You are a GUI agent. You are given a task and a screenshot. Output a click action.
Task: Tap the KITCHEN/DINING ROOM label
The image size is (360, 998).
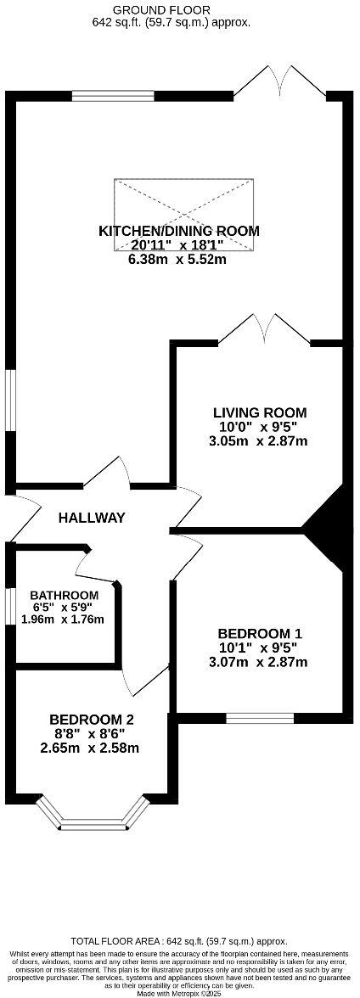point(179,231)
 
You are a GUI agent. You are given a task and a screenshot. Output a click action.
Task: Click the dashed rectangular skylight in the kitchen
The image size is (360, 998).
point(184,215)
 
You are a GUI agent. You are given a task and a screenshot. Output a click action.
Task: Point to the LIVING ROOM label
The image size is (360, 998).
point(259,412)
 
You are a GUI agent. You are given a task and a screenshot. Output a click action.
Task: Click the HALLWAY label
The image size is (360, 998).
point(92,518)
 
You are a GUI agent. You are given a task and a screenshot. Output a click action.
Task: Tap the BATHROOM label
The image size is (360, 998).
point(64,595)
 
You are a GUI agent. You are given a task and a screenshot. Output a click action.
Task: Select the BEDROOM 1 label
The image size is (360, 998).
point(260,633)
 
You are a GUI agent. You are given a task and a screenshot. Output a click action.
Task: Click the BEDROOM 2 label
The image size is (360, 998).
point(91,719)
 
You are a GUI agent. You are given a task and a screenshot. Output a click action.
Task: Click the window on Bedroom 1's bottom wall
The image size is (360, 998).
point(260,718)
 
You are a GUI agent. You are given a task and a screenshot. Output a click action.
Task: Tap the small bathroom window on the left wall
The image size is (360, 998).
point(9,607)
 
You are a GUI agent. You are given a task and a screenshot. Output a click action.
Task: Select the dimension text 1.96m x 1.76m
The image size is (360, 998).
point(64,620)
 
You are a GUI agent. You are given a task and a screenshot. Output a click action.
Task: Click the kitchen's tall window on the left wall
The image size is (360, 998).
point(9,400)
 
